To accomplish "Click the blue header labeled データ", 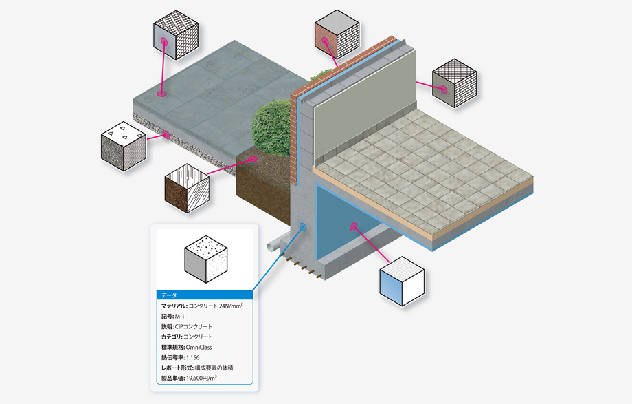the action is (x=205, y=295).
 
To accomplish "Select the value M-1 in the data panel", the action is (x=180, y=317).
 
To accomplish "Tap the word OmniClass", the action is (x=199, y=347).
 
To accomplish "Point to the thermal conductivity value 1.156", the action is (x=192, y=357).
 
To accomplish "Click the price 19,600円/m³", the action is (x=201, y=378).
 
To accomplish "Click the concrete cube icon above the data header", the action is (x=206, y=259).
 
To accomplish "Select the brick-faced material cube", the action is (x=337, y=34).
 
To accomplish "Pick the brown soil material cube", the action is (x=187, y=189).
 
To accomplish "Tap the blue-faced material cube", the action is (x=402, y=281).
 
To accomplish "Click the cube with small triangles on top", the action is (x=124, y=146).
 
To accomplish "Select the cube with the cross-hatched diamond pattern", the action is (x=454, y=83).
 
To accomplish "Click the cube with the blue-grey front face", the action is (x=176, y=35).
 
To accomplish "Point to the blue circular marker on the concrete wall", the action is (x=303, y=227).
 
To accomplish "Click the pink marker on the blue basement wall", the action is (x=354, y=226).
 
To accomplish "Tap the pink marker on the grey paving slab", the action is (x=161, y=94).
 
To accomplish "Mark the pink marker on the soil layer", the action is (x=253, y=159).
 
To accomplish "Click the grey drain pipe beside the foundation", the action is (x=278, y=245).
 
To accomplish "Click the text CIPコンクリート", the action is (x=194, y=326).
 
